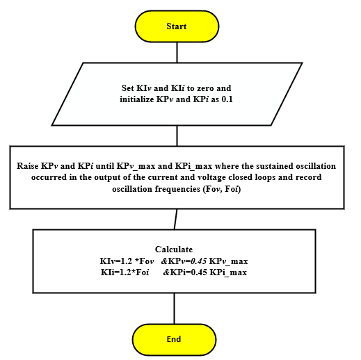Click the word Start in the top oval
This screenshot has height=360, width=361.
(x=177, y=26)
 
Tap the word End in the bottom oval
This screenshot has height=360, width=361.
(x=174, y=339)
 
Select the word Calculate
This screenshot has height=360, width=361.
(x=174, y=249)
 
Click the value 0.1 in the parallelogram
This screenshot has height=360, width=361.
(x=227, y=99)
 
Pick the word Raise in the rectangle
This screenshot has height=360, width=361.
(x=27, y=166)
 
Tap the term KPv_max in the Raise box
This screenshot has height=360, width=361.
(x=136, y=166)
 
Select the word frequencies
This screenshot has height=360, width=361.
(x=178, y=189)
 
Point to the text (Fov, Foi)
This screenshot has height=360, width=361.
(x=222, y=189)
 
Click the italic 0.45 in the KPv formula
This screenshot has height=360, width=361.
(x=198, y=261)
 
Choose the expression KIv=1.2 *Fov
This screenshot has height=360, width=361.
(x=127, y=261)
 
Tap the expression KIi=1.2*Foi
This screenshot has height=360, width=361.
(x=125, y=272)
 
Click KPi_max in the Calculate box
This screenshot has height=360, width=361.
(x=228, y=272)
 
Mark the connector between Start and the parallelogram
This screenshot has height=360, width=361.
(x=177, y=52)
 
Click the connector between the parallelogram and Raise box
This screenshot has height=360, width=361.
(x=177, y=136)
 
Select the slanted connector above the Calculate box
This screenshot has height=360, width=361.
(x=176, y=219)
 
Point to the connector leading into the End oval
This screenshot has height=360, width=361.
(x=174, y=309)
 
